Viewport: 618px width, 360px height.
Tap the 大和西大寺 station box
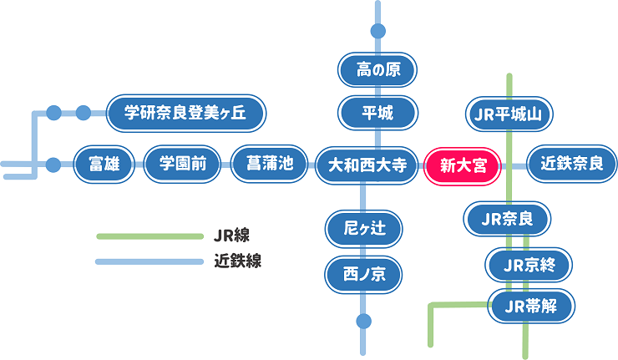(366, 165)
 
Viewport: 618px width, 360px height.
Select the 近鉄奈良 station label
(572, 164)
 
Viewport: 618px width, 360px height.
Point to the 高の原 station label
(377, 70)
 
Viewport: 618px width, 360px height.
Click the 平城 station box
(377, 114)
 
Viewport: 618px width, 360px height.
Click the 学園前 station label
(182, 164)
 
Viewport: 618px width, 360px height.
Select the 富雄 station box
(104, 164)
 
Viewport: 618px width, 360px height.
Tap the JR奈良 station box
(508, 221)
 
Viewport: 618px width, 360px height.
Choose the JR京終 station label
(529, 266)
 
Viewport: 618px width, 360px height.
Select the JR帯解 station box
(531, 306)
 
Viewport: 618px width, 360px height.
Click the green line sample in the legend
(149, 236)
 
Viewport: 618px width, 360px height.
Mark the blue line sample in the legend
(149, 261)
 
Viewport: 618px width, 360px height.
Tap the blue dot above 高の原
(377, 32)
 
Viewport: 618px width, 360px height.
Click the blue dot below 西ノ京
(363, 321)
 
